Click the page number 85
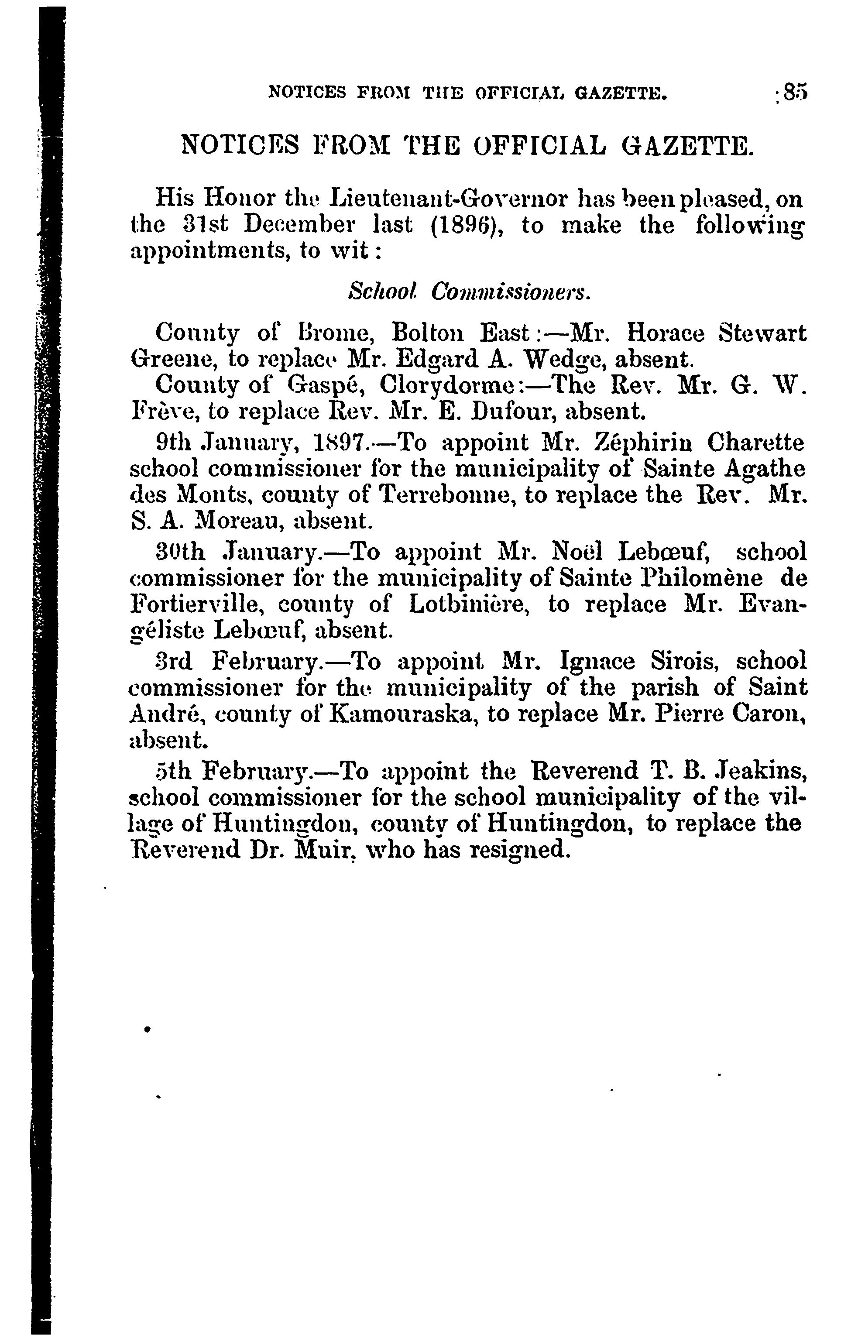pyautogui.click(x=794, y=93)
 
